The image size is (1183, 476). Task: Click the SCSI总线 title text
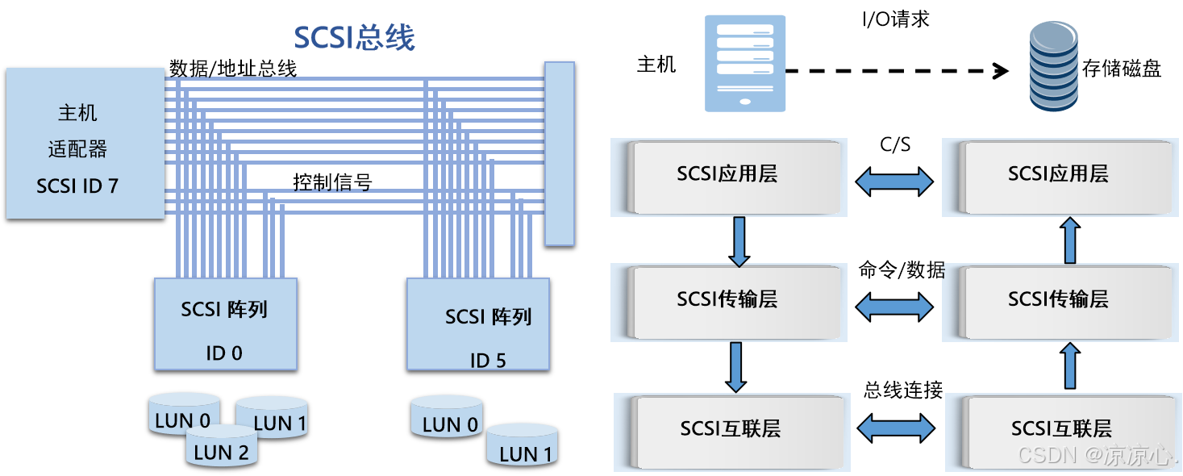point(354,38)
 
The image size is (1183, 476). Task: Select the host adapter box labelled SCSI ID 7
point(85,143)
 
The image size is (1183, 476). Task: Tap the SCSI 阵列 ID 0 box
point(225,324)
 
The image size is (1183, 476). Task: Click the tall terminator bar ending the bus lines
point(559,153)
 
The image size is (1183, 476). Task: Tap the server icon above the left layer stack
point(744,63)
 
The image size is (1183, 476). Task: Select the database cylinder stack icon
point(1053,67)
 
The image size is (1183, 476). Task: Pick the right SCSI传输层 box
point(1058,302)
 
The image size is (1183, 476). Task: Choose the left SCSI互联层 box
point(731,429)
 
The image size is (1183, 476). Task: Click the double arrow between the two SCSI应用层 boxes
point(893,182)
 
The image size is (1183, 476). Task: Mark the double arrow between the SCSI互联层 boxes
point(893,428)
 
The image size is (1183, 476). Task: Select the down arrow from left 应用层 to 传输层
point(739,241)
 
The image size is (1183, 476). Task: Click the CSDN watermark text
point(1096,455)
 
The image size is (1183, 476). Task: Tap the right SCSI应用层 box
point(1058,176)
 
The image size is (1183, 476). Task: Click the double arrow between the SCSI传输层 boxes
point(893,306)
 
